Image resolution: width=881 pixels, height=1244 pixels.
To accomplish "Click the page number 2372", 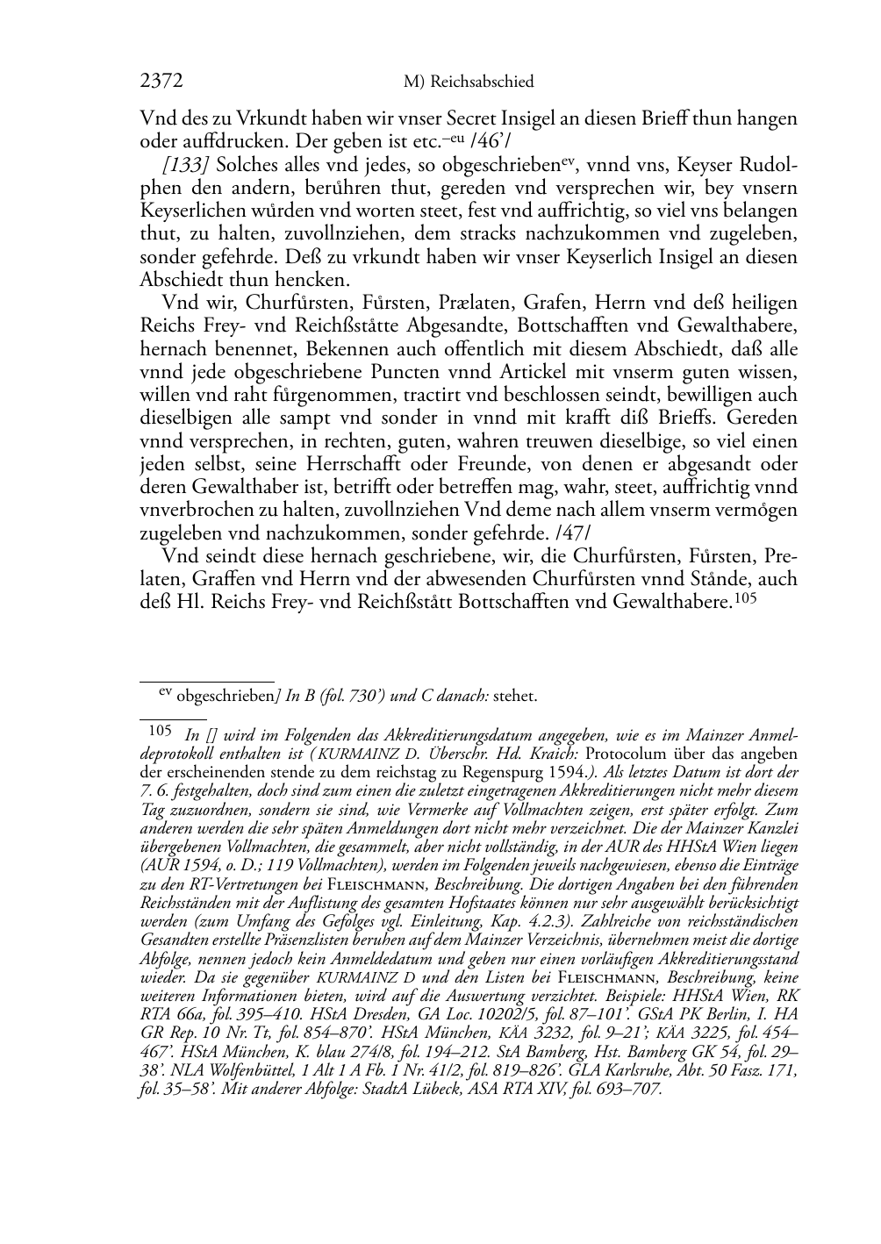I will (161, 82).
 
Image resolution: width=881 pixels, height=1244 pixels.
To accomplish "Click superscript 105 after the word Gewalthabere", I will (744, 597).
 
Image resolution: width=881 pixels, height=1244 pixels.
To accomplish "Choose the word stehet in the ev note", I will (516, 697).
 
